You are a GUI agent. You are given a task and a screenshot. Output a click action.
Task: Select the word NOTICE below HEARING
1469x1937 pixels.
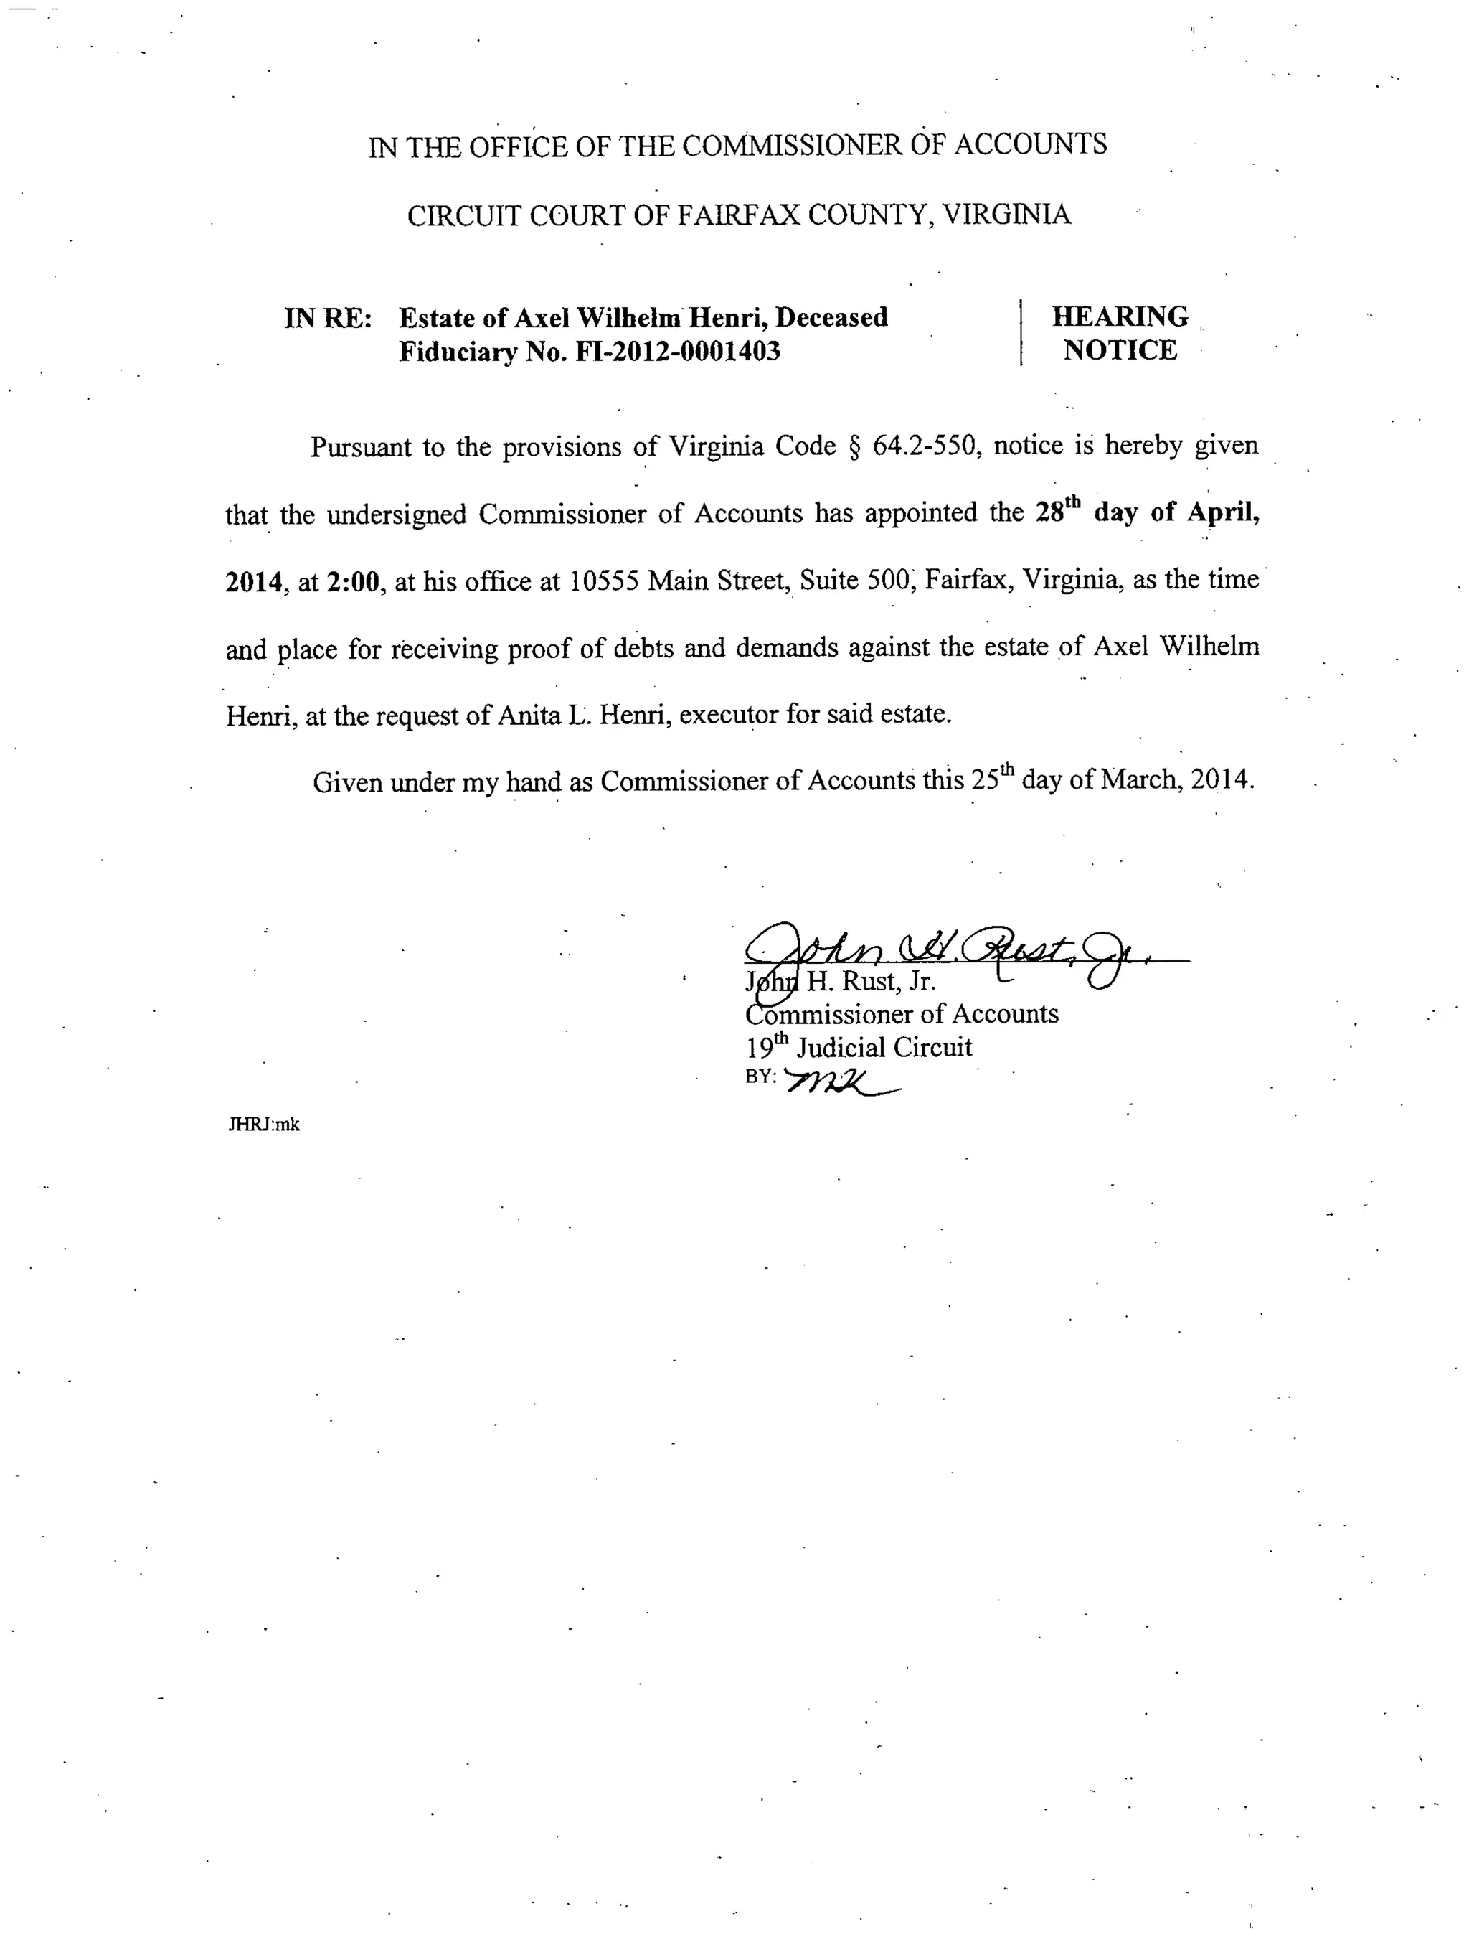[1120, 350]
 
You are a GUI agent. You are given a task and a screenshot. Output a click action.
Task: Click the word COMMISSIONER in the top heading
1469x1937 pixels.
[790, 146]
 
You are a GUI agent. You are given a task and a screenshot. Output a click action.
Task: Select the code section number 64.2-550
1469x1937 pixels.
[924, 446]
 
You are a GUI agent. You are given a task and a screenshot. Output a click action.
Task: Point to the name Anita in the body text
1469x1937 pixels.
[528, 716]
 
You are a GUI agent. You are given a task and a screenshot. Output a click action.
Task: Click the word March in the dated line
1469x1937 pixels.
[1137, 779]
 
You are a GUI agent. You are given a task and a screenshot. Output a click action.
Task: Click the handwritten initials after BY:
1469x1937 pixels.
[841, 1082]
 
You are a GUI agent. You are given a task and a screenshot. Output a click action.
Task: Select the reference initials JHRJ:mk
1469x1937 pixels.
[263, 1125]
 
